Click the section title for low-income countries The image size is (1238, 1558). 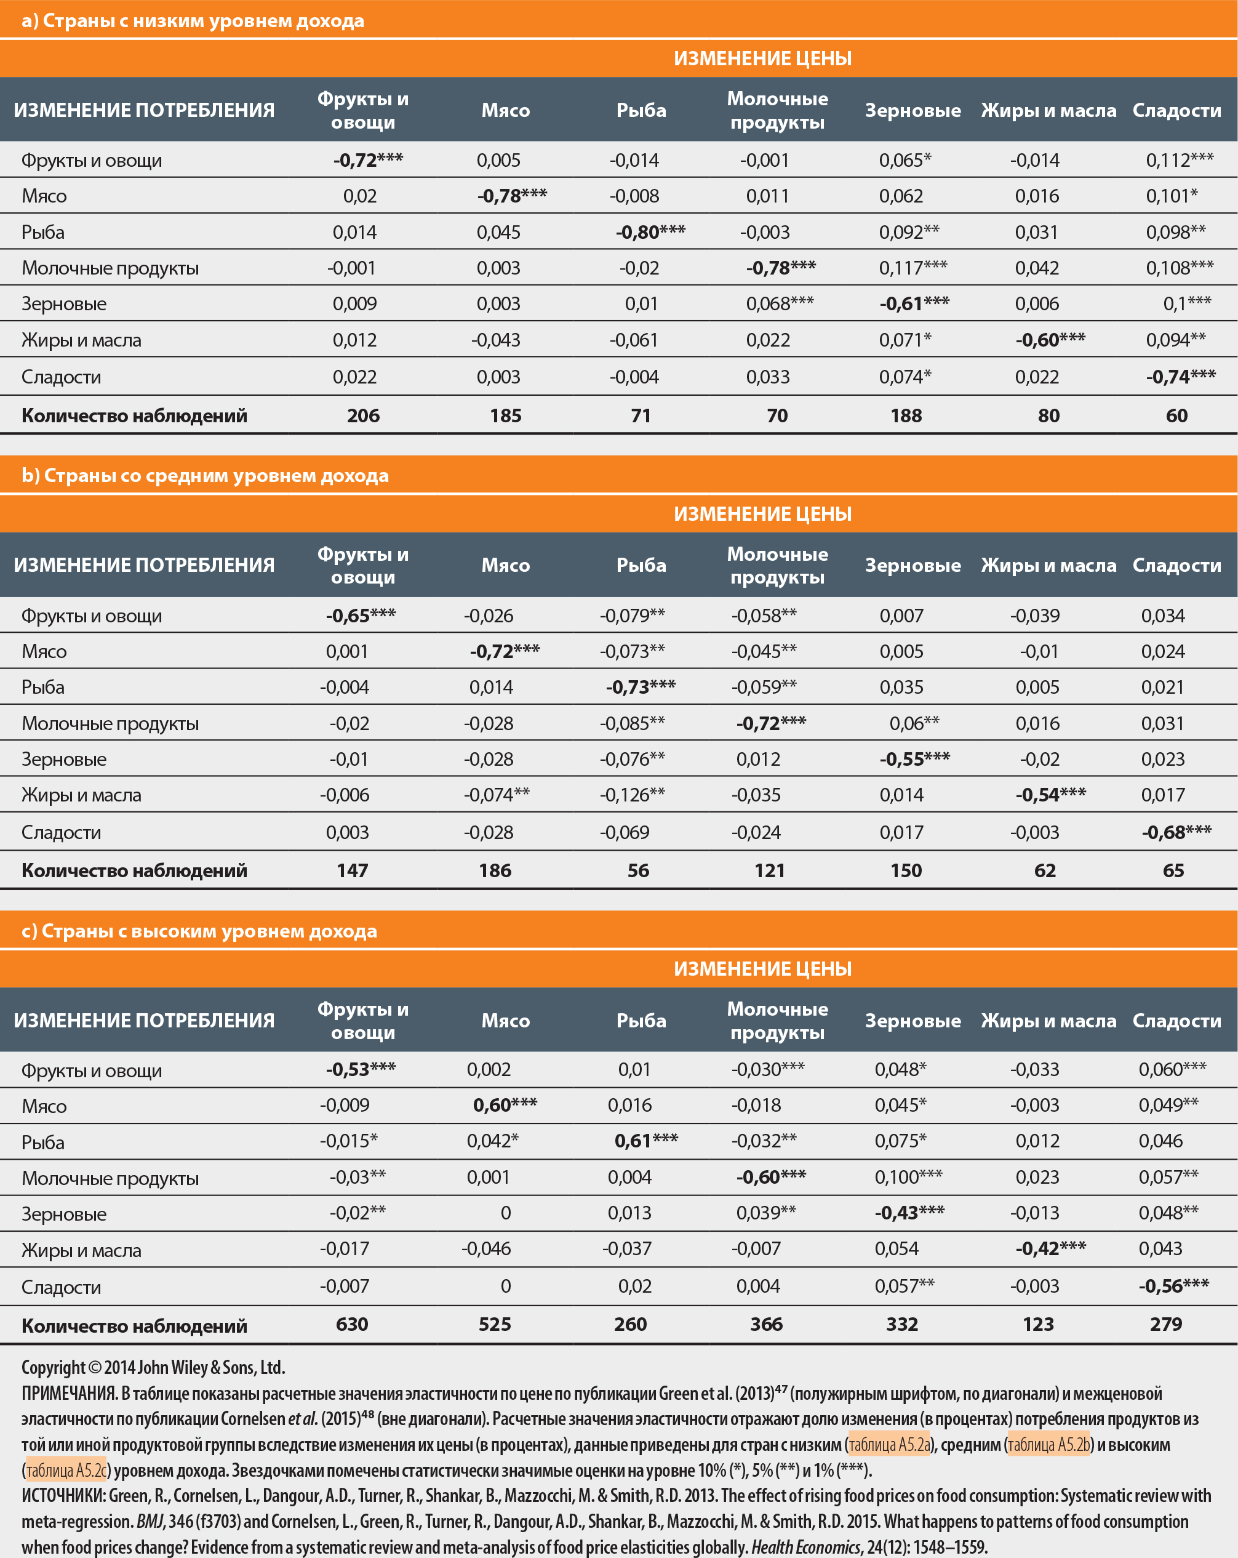click(193, 21)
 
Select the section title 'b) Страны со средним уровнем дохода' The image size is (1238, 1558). click(205, 475)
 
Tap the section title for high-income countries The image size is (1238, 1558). click(199, 931)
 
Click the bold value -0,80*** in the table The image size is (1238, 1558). click(650, 232)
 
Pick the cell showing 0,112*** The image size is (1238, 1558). click(1179, 159)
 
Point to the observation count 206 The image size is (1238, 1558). click(362, 416)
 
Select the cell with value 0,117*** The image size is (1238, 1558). click(913, 268)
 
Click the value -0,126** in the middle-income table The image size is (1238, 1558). click(632, 795)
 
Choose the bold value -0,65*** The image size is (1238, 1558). click(361, 616)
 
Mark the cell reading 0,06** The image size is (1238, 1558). click(914, 723)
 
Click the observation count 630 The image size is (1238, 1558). click(352, 1324)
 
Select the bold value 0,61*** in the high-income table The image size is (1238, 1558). click(645, 1141)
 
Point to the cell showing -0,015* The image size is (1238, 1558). click(348, 1141)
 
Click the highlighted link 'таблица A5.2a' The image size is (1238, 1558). click(889, 1445)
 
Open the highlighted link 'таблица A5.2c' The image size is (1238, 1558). click(66, 1470)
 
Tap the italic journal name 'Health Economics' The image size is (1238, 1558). click(805, 1546)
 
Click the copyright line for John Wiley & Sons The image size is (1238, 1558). click(153, 1367)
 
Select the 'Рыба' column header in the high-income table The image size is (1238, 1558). click(641, 1021)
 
